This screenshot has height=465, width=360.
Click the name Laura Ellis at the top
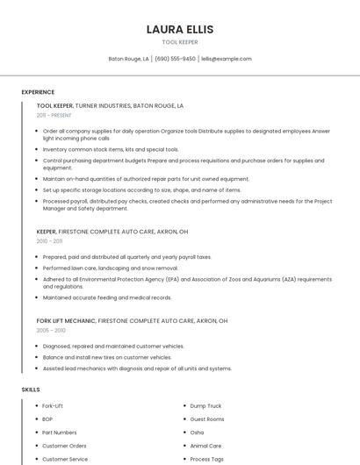click(x=180, y=29)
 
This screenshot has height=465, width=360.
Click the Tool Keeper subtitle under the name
click(x=180, y=42)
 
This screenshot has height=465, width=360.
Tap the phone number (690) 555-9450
click(x=176, y=59)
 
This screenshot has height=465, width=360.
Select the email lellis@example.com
click(x=227, y=59)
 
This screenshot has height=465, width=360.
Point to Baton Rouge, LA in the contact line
click(x=128, y=59)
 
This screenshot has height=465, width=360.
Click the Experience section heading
click(x=38, y=92)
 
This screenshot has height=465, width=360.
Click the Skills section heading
click(x=30, y=389)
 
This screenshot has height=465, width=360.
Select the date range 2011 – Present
click(x=54, y=115)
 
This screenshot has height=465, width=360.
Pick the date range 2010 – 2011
click(x=49, y=241)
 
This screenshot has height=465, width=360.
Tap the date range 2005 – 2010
click(x=50, y=330)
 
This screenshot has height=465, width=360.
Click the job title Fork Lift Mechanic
click(x=66, y=321)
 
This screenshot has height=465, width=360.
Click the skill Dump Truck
click(x=205, y=406)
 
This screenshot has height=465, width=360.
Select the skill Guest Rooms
click(x=207, y=419)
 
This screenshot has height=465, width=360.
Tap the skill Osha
click(x=197, y=433)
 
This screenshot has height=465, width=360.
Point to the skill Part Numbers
click(x=60, y=433)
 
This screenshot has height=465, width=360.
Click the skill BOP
click(x=47, y=419)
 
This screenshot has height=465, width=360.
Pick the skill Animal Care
click(x=205, y=446)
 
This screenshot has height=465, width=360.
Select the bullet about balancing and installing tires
click(x=107, y=357)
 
